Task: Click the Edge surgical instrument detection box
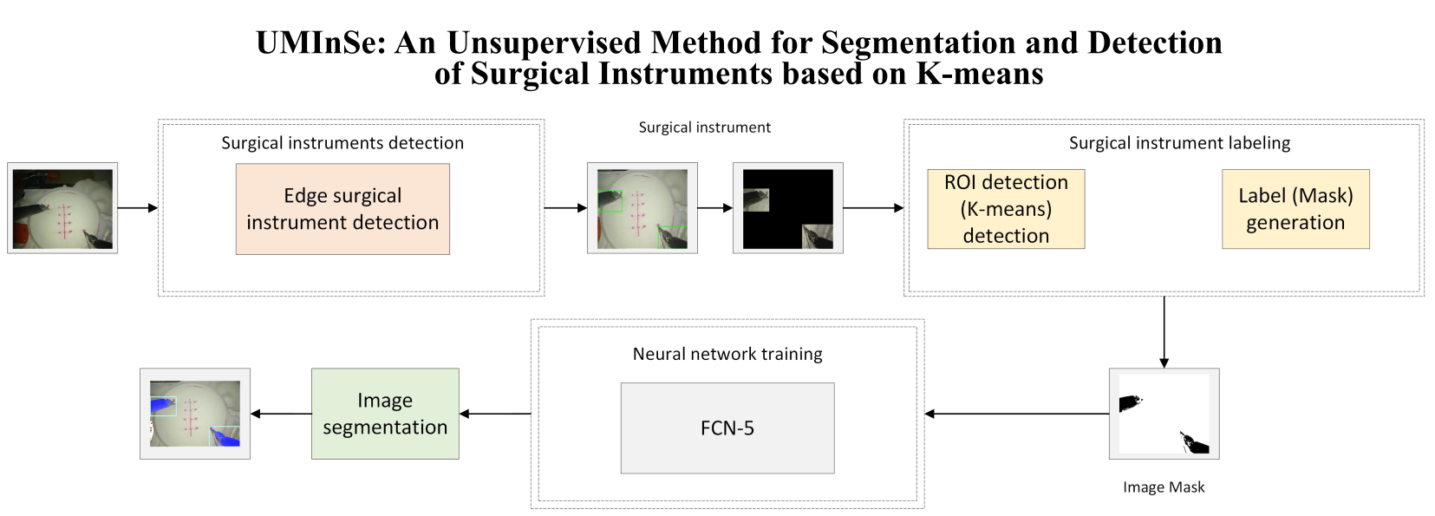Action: (x=342, y=209)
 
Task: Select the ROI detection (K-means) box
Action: (x=1006, y=209)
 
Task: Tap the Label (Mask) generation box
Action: (x=1295, y=209)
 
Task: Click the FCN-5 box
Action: (x=727, y=428)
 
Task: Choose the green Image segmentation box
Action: (x=385, y=414)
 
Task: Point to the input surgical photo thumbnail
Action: (x=62, y=208)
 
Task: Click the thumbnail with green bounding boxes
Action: (x=642, y=208)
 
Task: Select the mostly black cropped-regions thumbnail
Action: (x=787, y=208)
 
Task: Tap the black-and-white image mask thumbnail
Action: (x=1164, y=414)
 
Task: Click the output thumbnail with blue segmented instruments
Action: (x=195, y=414)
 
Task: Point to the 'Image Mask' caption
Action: (x=1164, y=487)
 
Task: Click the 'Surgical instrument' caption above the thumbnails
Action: (x=704, y=127)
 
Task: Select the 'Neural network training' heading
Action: (x=727, y=354)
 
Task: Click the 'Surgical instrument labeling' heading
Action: (x=1179, y=143)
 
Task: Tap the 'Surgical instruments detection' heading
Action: (x=342, y=143)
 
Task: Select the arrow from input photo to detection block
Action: (x=137, y=208)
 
